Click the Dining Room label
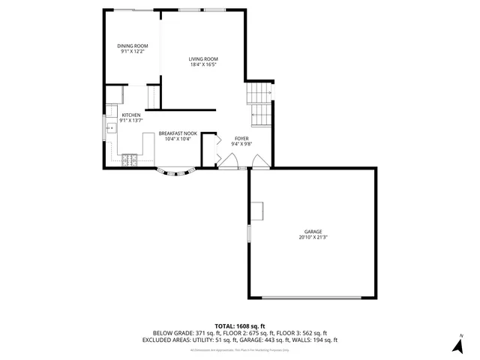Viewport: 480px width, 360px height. [132, 46]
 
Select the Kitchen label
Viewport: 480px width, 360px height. [131, 115]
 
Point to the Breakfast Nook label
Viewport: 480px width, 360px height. [177, 133]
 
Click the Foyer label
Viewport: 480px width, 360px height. [241, 138]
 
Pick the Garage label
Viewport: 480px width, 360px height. [313, 231]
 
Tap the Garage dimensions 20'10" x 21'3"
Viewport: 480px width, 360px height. [313, 237]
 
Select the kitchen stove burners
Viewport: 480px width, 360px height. [130, 160]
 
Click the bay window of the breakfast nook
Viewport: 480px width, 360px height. [176, 173]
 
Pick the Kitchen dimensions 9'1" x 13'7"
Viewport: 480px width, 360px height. [131, 121]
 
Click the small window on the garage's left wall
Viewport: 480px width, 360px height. [248, 233]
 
